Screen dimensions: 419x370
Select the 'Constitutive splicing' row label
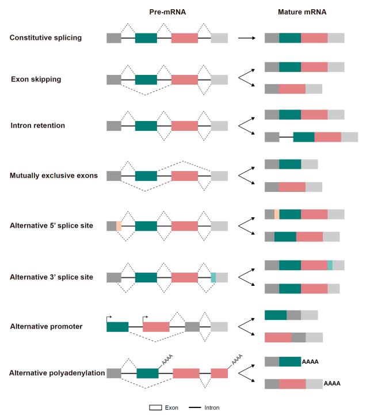click(x=54, y=38)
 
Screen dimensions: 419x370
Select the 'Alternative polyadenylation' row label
click(x=57, y=373)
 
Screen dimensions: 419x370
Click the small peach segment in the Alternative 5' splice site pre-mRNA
click(x=119, y=226)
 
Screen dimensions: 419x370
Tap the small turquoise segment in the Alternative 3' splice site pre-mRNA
click(x=213, y=277)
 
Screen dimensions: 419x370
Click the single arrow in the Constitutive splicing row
click(x=246, y=38)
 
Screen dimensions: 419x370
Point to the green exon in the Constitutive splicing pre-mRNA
click(x=146, y=38)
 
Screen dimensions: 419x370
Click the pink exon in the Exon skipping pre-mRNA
click(x=184, y=79)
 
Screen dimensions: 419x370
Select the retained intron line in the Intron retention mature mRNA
click(x=286, y=137)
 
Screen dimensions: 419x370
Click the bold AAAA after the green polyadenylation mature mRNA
click(x=310, y=362)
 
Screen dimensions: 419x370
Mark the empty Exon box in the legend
click(x=155, y=407)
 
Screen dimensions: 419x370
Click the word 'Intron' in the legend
click(x=211, y=407)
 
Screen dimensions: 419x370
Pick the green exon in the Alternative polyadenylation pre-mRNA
click(x=147, y=373)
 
